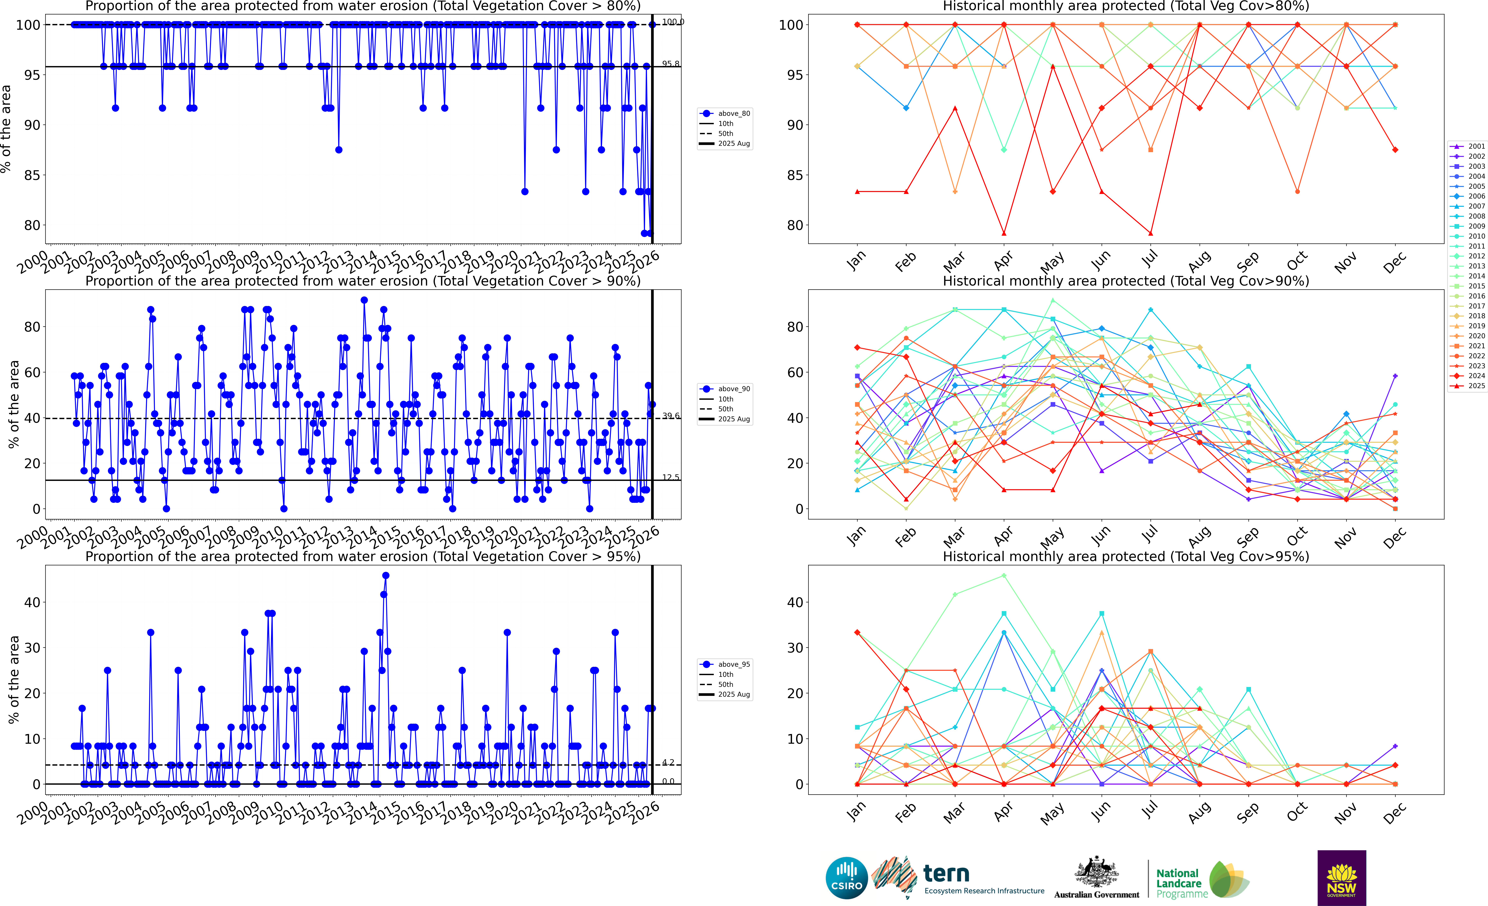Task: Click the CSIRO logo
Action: pyautogui.click(x=847, y=878)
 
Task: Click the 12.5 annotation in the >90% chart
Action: pyautogui.click(x=670, y=477)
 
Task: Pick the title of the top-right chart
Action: pyautogui.click(x=1126, y=7)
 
